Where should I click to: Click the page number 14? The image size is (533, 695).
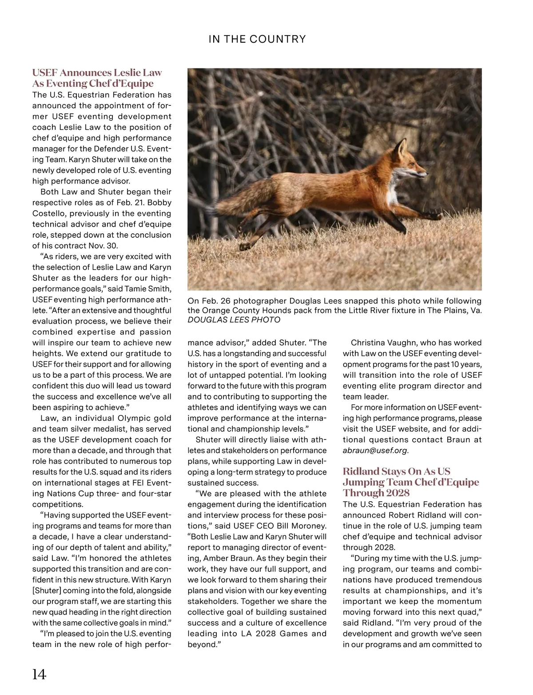[39, 674]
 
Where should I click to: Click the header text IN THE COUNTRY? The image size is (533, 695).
[257, 39]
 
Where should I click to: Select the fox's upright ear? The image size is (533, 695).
[402, 147]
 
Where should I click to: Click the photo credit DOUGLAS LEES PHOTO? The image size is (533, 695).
[234, 320]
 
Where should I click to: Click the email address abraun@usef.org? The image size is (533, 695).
[375, 451]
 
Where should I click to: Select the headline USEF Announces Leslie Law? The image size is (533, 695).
[97, 72]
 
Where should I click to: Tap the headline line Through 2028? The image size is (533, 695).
[376, 493]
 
